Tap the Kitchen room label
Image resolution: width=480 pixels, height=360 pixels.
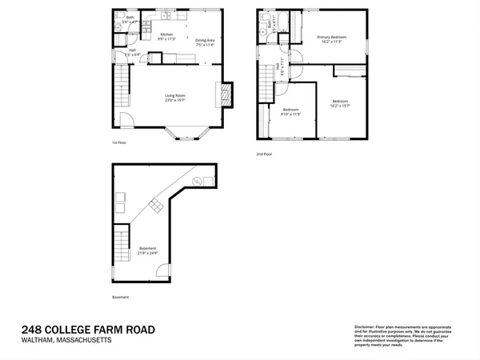(166, 34)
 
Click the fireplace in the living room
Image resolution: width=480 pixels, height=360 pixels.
(226, 94)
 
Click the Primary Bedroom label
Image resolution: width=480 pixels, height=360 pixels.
(330, 37)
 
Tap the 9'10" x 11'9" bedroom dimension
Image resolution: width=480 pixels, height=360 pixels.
(290, 114)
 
